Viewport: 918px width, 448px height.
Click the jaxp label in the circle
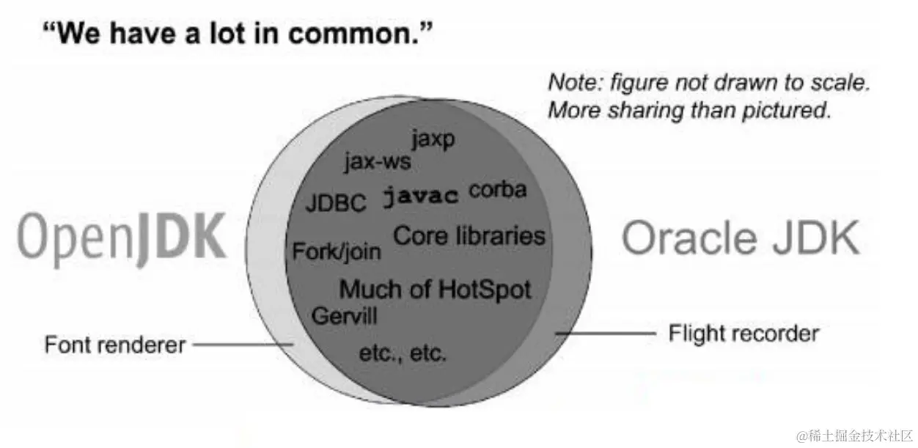coord(433,139)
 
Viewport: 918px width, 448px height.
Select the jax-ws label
coord(378,161)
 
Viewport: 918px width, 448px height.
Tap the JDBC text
coord(335,203)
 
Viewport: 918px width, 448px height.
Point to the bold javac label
coord(421,196)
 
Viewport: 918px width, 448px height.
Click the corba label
coord(498,190)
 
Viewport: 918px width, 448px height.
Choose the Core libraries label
coord(469,236)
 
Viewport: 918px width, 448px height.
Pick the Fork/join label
coord(337,251)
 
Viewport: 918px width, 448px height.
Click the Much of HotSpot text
coord(435,289)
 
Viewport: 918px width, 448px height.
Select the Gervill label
coord(344,317)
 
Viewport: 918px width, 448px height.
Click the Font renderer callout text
coord(115,345)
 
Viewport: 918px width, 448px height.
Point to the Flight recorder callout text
coord(743,334)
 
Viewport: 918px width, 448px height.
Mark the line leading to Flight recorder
coord(605,334)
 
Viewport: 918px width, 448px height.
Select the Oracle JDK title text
coord(740,238)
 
